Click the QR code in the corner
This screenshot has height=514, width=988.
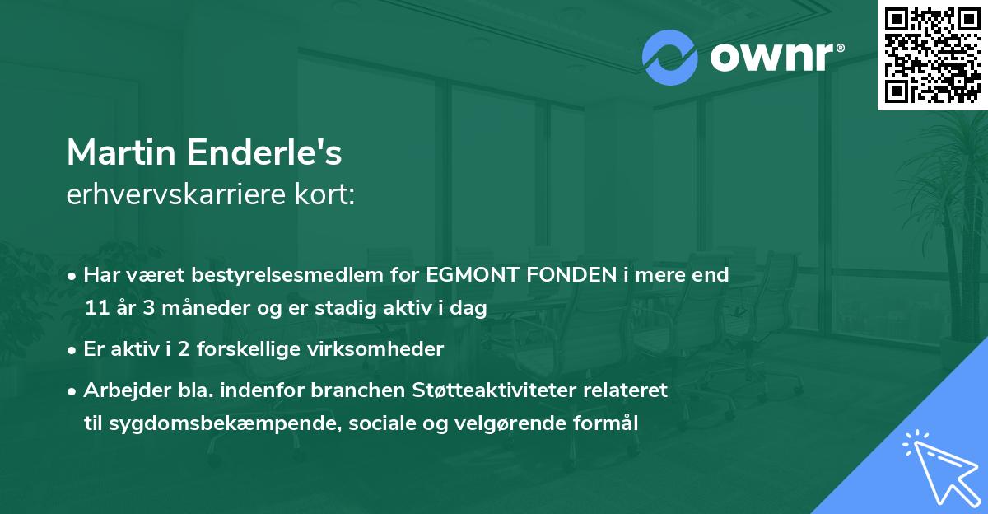pyautogui.click(x=932, y=54)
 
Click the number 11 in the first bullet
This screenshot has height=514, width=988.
pyautogui.click(x=96, y=308)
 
